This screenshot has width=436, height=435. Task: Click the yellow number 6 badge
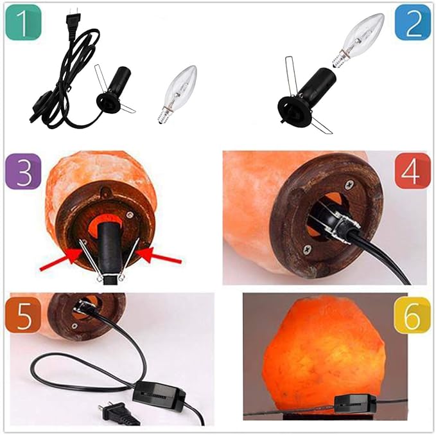pos(412,314)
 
